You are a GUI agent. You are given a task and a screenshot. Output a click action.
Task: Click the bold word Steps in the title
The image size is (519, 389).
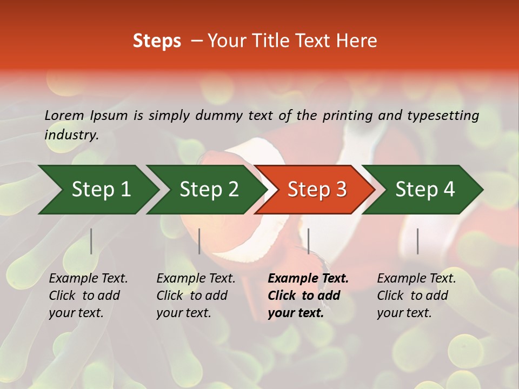pyautogui.click(x=157, y=41)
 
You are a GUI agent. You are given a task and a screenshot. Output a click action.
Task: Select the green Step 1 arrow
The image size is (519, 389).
pyautogui.click(x=97, y=190)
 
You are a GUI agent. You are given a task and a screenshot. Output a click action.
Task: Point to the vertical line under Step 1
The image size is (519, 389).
pyautogui.click(x=91, y=241)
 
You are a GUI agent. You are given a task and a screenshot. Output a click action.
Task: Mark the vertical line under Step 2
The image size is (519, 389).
pyautogui.click(x=199, y=241)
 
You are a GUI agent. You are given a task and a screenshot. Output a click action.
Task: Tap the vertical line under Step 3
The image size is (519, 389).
pyautogui.click(x=308, y=241)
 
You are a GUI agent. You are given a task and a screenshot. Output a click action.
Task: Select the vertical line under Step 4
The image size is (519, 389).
pyautogui.click(x=417, y=241)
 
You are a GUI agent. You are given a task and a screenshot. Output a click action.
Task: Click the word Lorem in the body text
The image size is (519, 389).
pyautogui.click(x=64, y=115)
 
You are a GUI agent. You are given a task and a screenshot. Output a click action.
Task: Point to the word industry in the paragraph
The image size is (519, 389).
pyautogui.click(x=71, y=135)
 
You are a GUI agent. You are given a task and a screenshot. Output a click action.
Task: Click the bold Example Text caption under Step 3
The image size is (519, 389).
pyautogui.click(x=308, y=279)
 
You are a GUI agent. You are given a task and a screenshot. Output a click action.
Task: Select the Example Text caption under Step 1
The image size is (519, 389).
pyautogui.click(x=88, y=279)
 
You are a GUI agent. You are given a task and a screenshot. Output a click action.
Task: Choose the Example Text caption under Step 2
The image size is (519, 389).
pyautogui.click(x=196, y=279)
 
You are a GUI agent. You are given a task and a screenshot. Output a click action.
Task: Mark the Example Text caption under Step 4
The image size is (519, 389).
pyautogui.click(x=416, y=279)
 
